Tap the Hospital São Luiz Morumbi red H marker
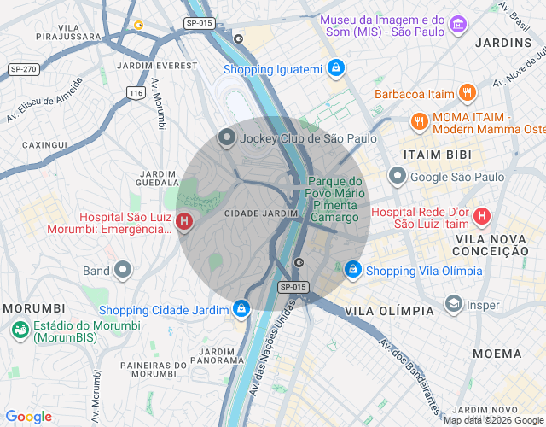pyautogui.click(x=184, y=222)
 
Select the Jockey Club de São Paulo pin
pyautogui.click(x=226, y=137)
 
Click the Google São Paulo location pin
pyautogui.click(x=397, y=177)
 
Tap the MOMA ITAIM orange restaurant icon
pyautogui.click(x=419, y=121)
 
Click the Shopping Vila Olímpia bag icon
pyautogui.click(x=352, y=270)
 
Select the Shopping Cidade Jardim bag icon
pyautogui.click(x=242, y=309)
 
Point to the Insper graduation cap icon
pyautogui.click(x=453, y=305)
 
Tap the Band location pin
pyautogui.click(x=123, y=271)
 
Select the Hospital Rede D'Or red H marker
pyautogui.click(x=483, y=217)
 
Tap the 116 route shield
pyautogui.click(x=135, y=92)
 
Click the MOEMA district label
pyautogui.click(x=497, y=354)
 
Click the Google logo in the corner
pyautogui.click(x=28, y=417)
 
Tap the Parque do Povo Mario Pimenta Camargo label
pyautogui.click(x=335, y=200)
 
